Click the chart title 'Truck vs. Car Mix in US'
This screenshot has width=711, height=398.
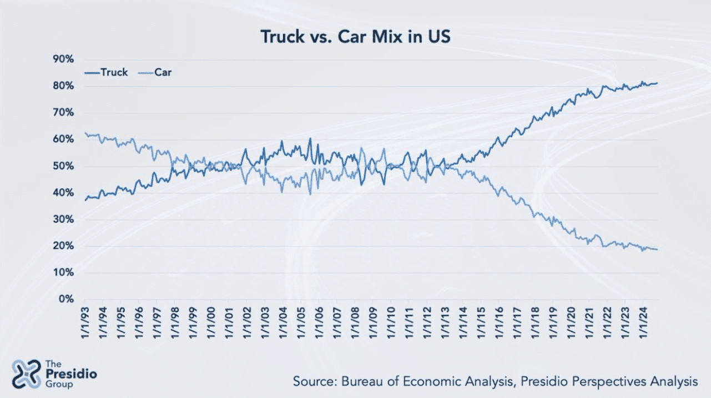pos(355,37)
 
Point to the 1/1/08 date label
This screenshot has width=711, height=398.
pos(355,322)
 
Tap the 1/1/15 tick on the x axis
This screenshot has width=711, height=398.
pos(481,322)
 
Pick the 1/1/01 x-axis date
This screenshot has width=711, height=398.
pos(230,322)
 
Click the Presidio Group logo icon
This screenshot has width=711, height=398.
pos(26,373)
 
